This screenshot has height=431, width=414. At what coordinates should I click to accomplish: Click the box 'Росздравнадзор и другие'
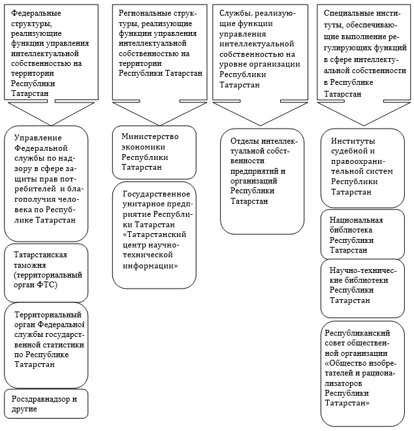(46, 404)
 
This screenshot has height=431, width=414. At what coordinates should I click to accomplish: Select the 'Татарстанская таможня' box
(46, 273)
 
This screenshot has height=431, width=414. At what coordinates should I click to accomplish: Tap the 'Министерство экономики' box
(154, 153)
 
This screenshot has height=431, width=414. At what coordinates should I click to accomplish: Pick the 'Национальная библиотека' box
(362, 234)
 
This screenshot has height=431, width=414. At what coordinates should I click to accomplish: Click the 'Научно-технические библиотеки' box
(362, 289)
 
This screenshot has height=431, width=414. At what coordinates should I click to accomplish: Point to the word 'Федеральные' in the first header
(36, 13)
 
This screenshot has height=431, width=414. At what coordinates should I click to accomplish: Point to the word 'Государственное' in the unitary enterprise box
(157, 195)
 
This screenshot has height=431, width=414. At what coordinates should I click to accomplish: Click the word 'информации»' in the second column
(150, 266)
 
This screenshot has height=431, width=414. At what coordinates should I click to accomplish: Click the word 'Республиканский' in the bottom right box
(357, 333)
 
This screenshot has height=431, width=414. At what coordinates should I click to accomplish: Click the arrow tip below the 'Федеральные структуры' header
(52, 125)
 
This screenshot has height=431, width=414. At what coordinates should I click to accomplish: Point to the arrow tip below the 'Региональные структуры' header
(160, 125)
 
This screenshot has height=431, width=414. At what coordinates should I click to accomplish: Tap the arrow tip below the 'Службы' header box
(261, 125)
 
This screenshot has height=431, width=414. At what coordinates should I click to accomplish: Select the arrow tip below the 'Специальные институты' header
(364, 125)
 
